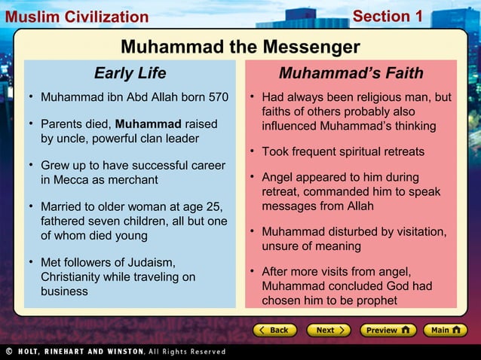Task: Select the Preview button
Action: coord(388,330)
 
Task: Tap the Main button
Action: coord(446,330)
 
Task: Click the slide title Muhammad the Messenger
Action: coord(240,47)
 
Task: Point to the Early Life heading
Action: coord(130,74)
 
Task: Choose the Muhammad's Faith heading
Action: coord(351,74)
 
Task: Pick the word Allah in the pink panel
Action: coord(355,206)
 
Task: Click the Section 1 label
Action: coord(388,16)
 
